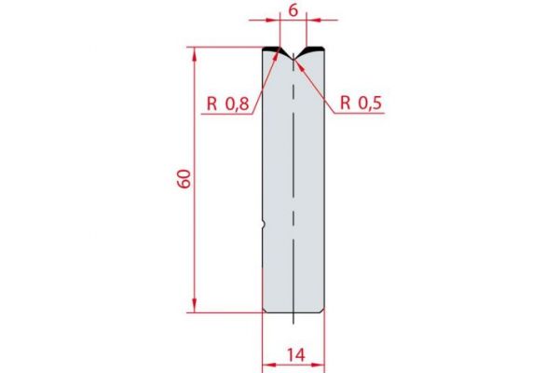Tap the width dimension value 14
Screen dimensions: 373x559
pyautogui.click(x=293, y=354)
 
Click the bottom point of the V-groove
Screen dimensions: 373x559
pyautogui.click(x=293, y=59)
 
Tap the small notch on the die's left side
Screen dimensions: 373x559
pyautogui.click(x=265, y=223)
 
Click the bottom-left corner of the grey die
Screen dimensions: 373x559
pyautogui.click(x=266, y=311)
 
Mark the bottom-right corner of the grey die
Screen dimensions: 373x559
pyautogui.click(x=321, y=311)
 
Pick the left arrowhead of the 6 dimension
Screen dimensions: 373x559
pyautogui.click(x=277, y=19)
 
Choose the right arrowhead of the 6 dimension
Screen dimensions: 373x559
pyautogui.click(x=310, y=19)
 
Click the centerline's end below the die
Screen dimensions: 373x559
pyautogui.click(x=293, y=324)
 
